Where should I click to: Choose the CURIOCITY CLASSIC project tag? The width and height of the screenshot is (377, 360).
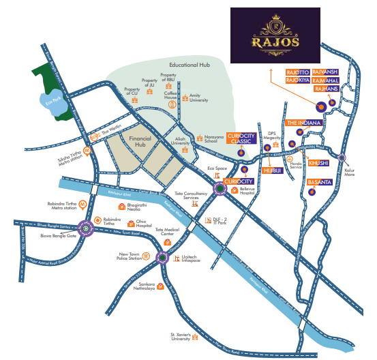click(x=241, y=140)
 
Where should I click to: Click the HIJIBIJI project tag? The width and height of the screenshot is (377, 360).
click(x=273, y=170)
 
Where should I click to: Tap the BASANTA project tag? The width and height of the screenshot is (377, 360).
click(x=319, y=183)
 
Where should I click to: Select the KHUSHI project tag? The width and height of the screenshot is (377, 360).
click(x=319, y=162)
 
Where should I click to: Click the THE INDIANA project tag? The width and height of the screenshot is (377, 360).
click(x=303, y=123)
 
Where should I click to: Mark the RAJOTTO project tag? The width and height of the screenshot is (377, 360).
click(x=297, y=72)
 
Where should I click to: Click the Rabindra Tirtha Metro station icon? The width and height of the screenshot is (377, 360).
click(x=82, y=204)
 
